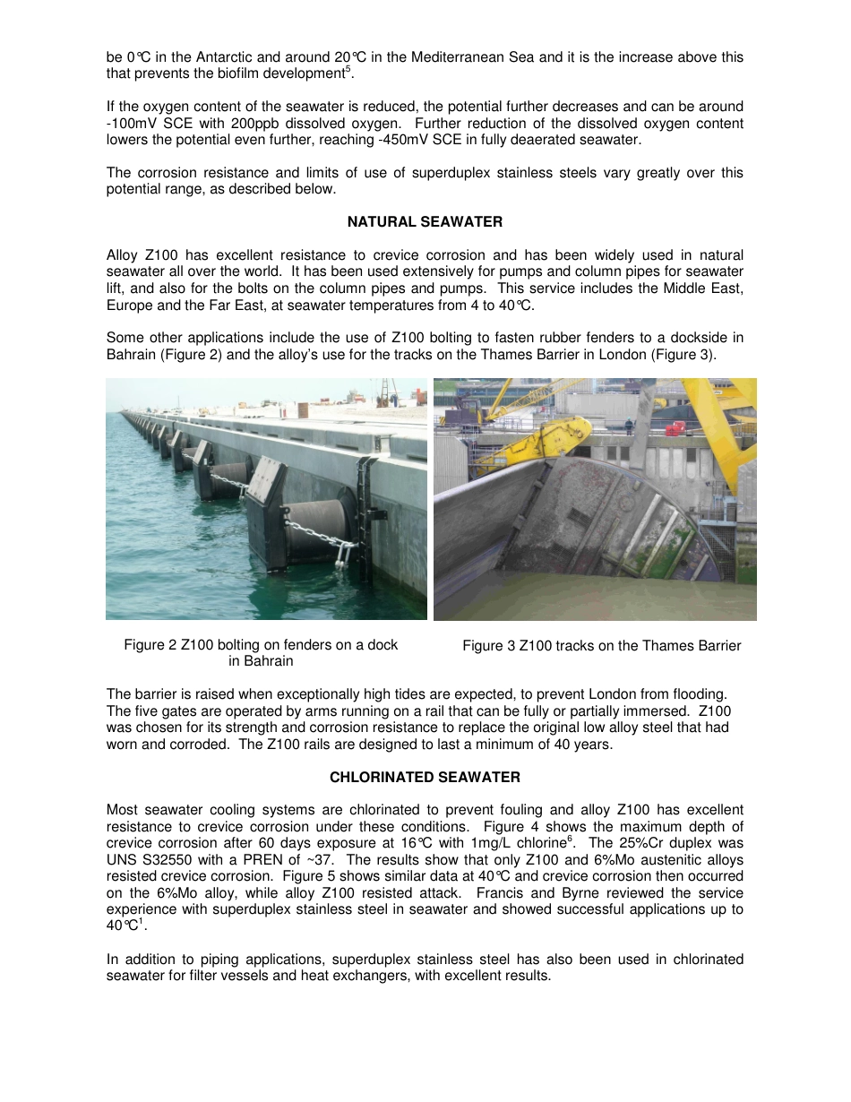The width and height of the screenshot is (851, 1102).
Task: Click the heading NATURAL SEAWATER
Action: click(425, 221)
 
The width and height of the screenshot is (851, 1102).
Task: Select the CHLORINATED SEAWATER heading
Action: click(425, 777)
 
